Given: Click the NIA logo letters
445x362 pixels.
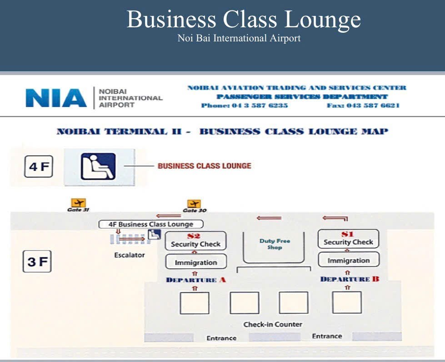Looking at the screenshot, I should (56, 98).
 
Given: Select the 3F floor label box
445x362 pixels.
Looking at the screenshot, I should (37, 262).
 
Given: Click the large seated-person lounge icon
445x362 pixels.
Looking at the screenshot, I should (98, 166).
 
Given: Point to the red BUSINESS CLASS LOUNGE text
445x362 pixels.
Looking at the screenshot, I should (204, 166).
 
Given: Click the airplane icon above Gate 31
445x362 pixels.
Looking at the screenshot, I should (78, 202).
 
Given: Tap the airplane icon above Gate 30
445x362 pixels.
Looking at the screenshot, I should (194, 204).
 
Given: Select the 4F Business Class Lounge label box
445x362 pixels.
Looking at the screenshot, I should (151, 224).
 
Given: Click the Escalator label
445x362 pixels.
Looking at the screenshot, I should (130, 255).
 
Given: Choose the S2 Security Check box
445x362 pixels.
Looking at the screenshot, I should (195, 241).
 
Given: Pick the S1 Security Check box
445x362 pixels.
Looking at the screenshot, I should (348, 239).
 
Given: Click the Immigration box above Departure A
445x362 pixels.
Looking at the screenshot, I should (196, 262).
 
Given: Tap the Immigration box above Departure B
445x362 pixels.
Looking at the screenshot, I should (349, 261).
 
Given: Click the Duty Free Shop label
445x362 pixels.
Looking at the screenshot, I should (275, 244).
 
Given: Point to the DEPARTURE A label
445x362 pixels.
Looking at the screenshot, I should (196, 280).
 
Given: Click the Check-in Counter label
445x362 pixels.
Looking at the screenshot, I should (273, 324).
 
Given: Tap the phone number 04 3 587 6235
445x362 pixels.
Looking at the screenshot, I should (244, 106).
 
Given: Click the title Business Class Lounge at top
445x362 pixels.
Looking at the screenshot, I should (244, 20).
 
